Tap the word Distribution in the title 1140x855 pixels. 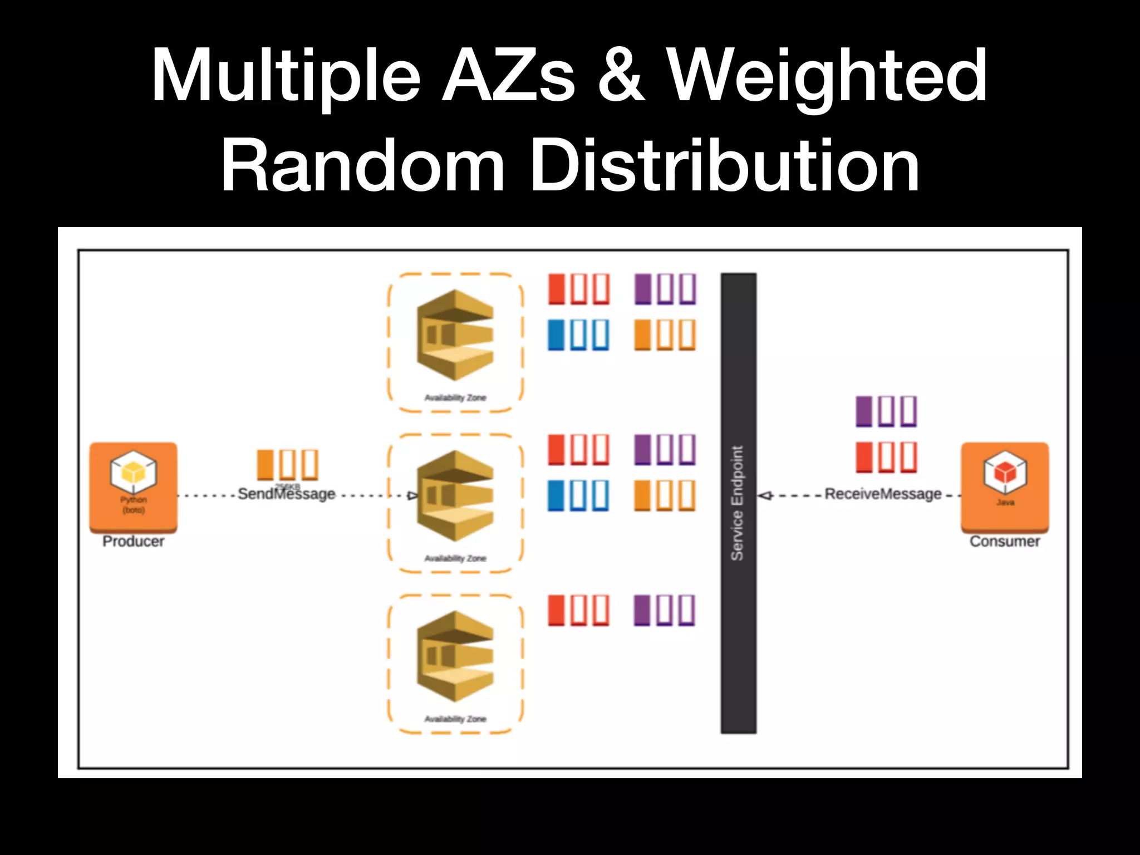point(725,166)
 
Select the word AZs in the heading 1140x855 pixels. point(508,76)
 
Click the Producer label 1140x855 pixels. point(133,541)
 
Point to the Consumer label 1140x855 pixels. point(1005,541)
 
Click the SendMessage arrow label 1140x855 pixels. point(286,494)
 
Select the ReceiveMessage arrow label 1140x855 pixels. point(883,494)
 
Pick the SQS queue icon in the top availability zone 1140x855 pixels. point(455,335)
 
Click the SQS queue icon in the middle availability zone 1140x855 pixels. point(455,496)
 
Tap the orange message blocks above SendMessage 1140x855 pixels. point(287,465)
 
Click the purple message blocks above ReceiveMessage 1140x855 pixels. point(886,411)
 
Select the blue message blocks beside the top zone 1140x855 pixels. point(578,335)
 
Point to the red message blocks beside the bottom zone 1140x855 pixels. point(578,611)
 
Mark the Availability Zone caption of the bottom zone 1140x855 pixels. point(455,719)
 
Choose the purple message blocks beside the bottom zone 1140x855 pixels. point(665,611)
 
